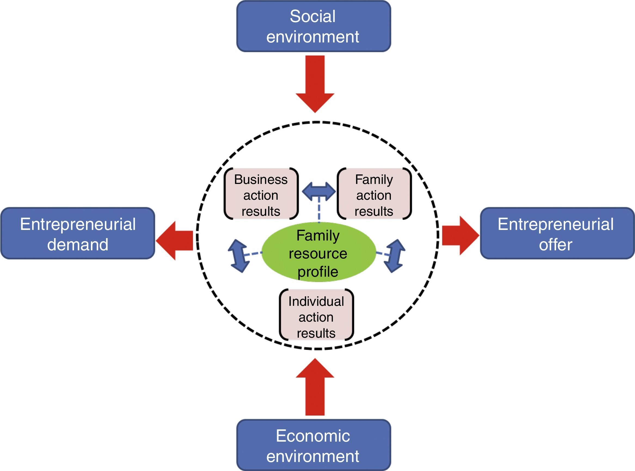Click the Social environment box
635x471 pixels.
314,26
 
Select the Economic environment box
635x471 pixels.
314,445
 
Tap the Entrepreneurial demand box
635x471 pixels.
78,233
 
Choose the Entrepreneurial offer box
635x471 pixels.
557,233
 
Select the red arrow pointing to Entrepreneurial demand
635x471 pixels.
175,241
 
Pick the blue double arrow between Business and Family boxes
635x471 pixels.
318,191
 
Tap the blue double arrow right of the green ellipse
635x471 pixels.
394,256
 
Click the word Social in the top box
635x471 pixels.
312,16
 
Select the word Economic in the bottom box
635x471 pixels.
313,436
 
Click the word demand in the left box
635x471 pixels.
78,244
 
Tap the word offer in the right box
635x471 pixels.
556,244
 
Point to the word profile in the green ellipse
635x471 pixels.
318,272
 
